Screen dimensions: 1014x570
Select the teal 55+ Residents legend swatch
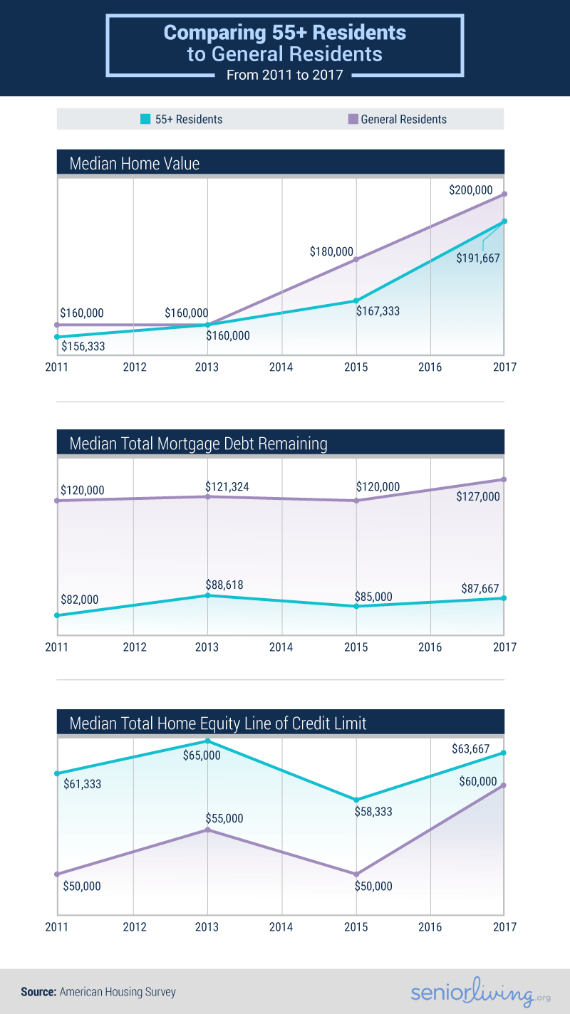point(145,119)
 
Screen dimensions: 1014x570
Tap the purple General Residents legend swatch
point(353,119)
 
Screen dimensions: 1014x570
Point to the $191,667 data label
point(478,258)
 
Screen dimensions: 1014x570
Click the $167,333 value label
point(383,311)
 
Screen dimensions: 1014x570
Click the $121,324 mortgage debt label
point(227,486)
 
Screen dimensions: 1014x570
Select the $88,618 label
point(227,585)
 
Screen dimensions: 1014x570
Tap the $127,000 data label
point(478,496)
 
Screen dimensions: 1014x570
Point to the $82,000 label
point(79,600)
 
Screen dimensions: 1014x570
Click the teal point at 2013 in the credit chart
point(207,741)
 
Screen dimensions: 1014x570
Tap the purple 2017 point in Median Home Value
point(504,194)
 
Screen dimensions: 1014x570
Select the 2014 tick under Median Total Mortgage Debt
point(281,647)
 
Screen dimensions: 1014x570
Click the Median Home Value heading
point(135,164)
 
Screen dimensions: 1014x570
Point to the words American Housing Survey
point(118,991)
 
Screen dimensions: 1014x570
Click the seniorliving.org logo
point(472,993)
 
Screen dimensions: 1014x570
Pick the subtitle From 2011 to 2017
point(285,75)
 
